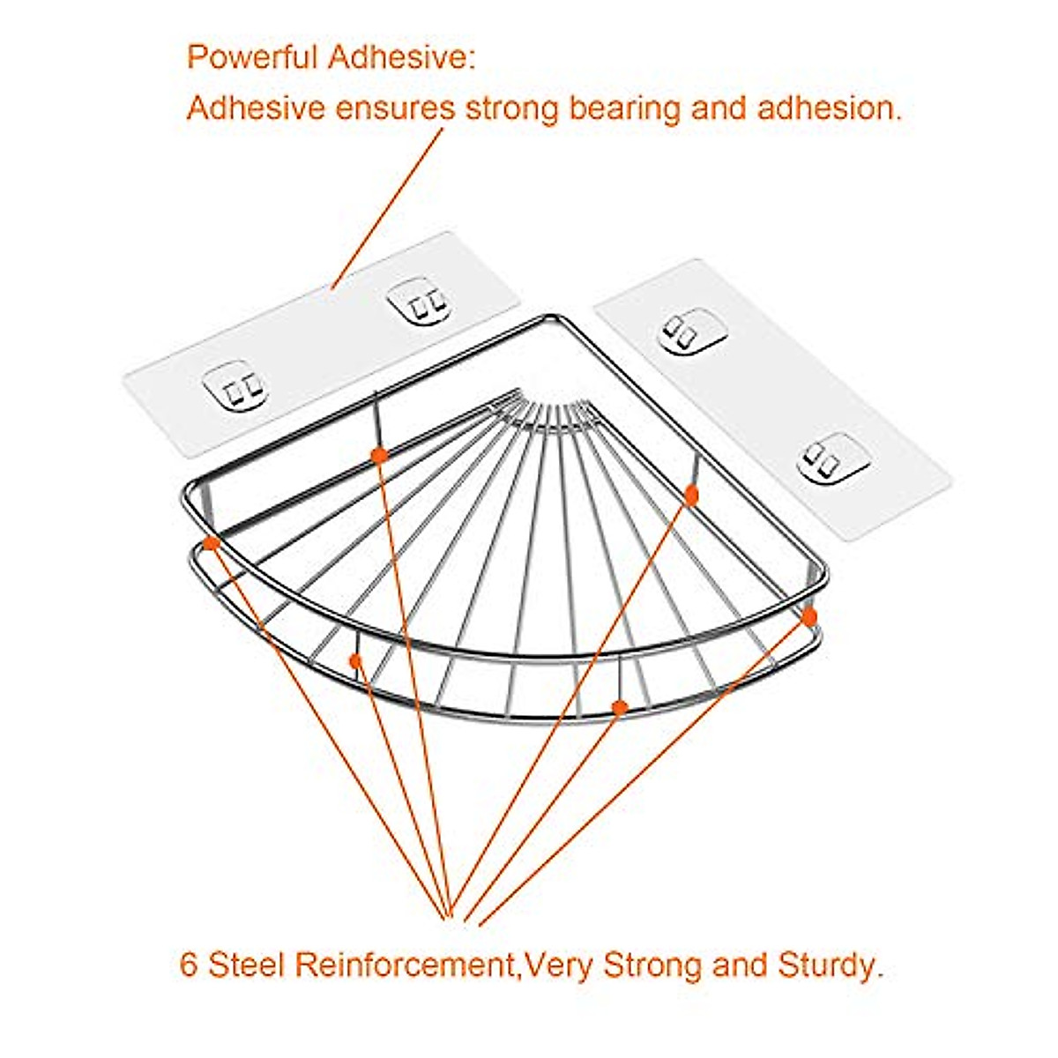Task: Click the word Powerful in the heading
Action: [x=251, y=58]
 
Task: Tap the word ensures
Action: [x=395, y=108]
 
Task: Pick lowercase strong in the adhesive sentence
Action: [x=512, y=108]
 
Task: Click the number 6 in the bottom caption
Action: [x=189, y=965]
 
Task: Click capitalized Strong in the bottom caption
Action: [x=653, y=965]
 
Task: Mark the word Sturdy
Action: [x=829, y=965]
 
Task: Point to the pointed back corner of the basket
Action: [x=553, y=317]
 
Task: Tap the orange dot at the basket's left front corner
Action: [x=211, y=543]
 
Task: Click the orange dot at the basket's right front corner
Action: [x=809, y=615]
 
